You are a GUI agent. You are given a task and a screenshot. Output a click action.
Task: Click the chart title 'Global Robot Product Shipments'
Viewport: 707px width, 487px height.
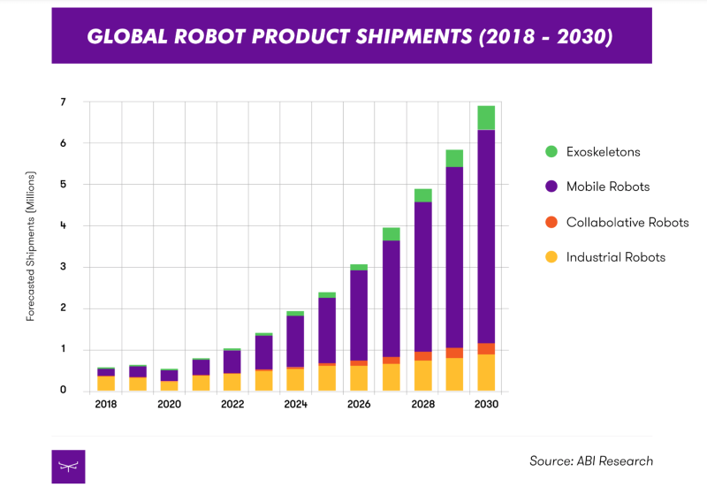tap(352, 37)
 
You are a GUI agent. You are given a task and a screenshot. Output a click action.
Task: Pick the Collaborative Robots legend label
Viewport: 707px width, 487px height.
tap(627, 223)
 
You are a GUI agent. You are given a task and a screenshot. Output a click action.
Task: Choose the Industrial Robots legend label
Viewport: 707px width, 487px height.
tap(615, 257)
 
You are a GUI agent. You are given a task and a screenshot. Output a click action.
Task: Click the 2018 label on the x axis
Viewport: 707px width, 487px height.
tap(106, 405)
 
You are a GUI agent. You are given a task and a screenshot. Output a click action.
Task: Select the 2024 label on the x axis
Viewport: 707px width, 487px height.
tap(295, 405)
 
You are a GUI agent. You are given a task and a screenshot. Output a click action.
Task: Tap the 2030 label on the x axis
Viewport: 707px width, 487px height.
tap(485, 405)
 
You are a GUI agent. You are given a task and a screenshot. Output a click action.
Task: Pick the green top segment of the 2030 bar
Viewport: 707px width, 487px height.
tap(485, 118)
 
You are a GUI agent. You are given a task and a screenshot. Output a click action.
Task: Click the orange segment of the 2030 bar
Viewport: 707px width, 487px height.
tap(485, 348)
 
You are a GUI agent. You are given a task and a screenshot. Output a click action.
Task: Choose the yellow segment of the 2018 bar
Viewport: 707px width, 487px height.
tap(106, 383)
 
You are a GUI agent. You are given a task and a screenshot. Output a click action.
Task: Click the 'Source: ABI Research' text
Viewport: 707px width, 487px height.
tap(591, 460)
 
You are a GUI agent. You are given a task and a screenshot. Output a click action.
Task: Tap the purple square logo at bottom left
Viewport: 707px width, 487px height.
tap(68, 466)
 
